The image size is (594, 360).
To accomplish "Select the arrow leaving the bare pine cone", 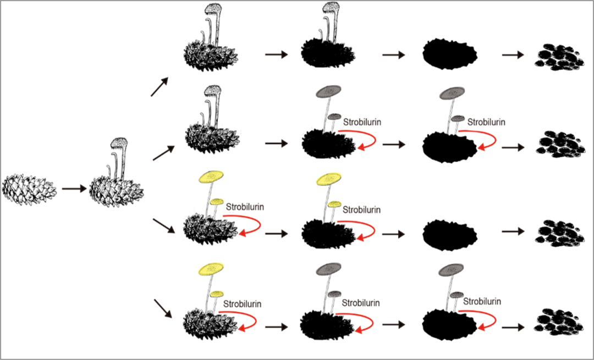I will (x=74, y=189).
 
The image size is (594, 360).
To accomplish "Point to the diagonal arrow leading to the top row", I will (x=161, y=86).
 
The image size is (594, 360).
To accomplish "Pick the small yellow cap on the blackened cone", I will (x=334, y=204).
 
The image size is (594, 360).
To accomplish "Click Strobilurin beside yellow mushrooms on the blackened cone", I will (x=361, y=209).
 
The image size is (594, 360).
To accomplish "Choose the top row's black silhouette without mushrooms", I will (x=450, y=53).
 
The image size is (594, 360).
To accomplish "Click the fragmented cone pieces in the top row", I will (x=559, y=57).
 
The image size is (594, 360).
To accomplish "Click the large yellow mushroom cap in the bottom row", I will (x=211, y=269).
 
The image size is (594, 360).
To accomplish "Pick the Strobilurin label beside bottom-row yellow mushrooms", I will (x=243, y=303).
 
